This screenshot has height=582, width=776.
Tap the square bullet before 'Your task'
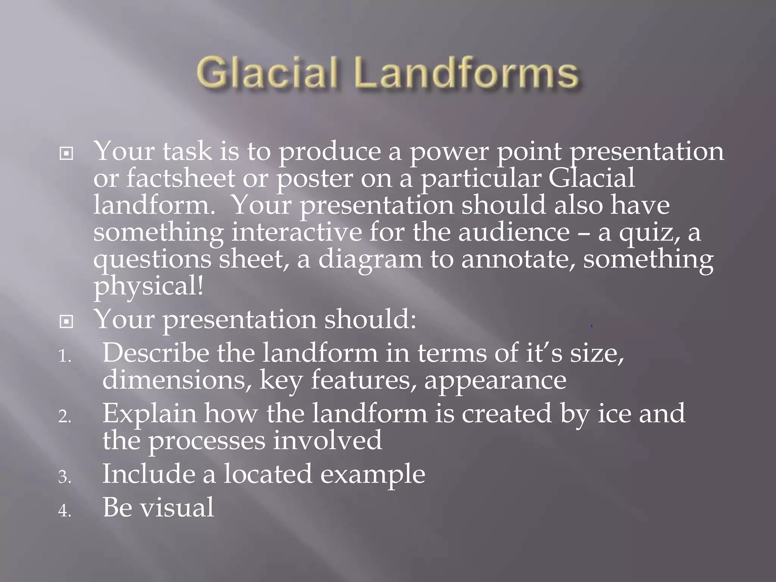(x=66, y=154)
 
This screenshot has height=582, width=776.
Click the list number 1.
(x=64, y=356)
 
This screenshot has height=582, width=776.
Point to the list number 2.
(x=64, y=417)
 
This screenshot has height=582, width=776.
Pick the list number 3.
(x=64, y=477)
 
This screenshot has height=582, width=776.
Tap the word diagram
(x=370, y=260)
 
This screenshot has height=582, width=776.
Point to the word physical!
(x=148, y=287)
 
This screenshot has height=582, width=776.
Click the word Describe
(x=155, y=353)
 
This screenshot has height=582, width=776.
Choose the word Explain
(x=149, y=414)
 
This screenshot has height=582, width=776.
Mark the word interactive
(x=297, y=232)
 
